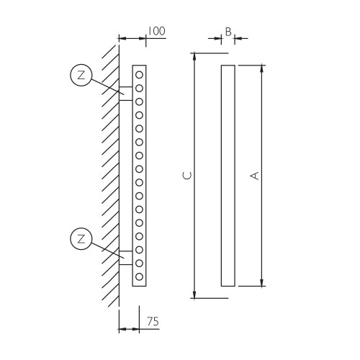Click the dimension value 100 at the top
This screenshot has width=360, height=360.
coord(156,31)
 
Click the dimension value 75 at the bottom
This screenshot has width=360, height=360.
coord(153,321)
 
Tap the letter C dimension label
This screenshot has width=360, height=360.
coord(187,175)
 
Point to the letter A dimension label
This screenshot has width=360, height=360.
coord(253,175)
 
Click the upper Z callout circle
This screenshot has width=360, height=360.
coord(81,75)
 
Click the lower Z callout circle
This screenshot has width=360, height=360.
coord(81,238)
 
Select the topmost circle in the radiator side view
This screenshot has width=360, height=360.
coord(139,74)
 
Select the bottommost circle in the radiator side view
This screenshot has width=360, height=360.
coord(139,276)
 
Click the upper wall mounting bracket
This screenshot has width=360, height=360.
coord(125,93)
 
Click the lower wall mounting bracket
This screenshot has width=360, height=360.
coord(125,256)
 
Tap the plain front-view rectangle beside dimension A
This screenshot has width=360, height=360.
coord(228,175)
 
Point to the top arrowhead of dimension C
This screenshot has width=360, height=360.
coord(194,56)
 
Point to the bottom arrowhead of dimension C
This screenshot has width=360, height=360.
coord(194,294)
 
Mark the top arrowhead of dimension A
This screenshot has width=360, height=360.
coord(261,68)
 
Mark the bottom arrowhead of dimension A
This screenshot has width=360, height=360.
coord(261,282)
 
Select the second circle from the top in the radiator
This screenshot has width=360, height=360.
coord(139,88)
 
